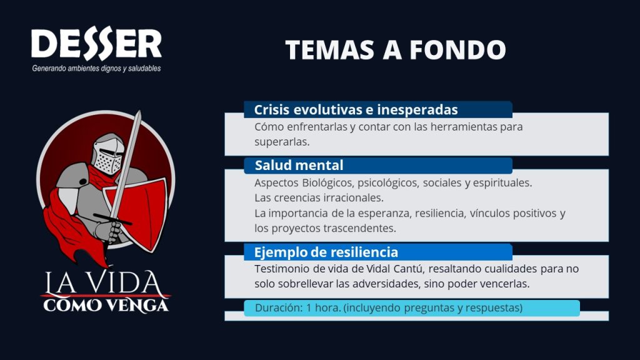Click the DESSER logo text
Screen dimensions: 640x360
(96, 42)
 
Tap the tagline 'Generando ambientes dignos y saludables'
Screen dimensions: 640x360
(96, 69)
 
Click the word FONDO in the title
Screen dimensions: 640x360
(457, 50)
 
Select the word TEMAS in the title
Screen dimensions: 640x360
(329, 50)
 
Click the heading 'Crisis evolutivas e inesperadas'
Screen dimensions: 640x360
(356, 110)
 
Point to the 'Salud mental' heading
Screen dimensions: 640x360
(299, 165)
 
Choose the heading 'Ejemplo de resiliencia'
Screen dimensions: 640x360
(326, 252)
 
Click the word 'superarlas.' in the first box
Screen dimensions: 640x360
(282, 142)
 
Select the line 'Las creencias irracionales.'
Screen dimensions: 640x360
(319, 198)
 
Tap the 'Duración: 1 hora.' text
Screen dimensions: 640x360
(297, 307)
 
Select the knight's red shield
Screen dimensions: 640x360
(137, 213)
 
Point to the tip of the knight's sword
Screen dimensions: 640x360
(139, 112)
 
